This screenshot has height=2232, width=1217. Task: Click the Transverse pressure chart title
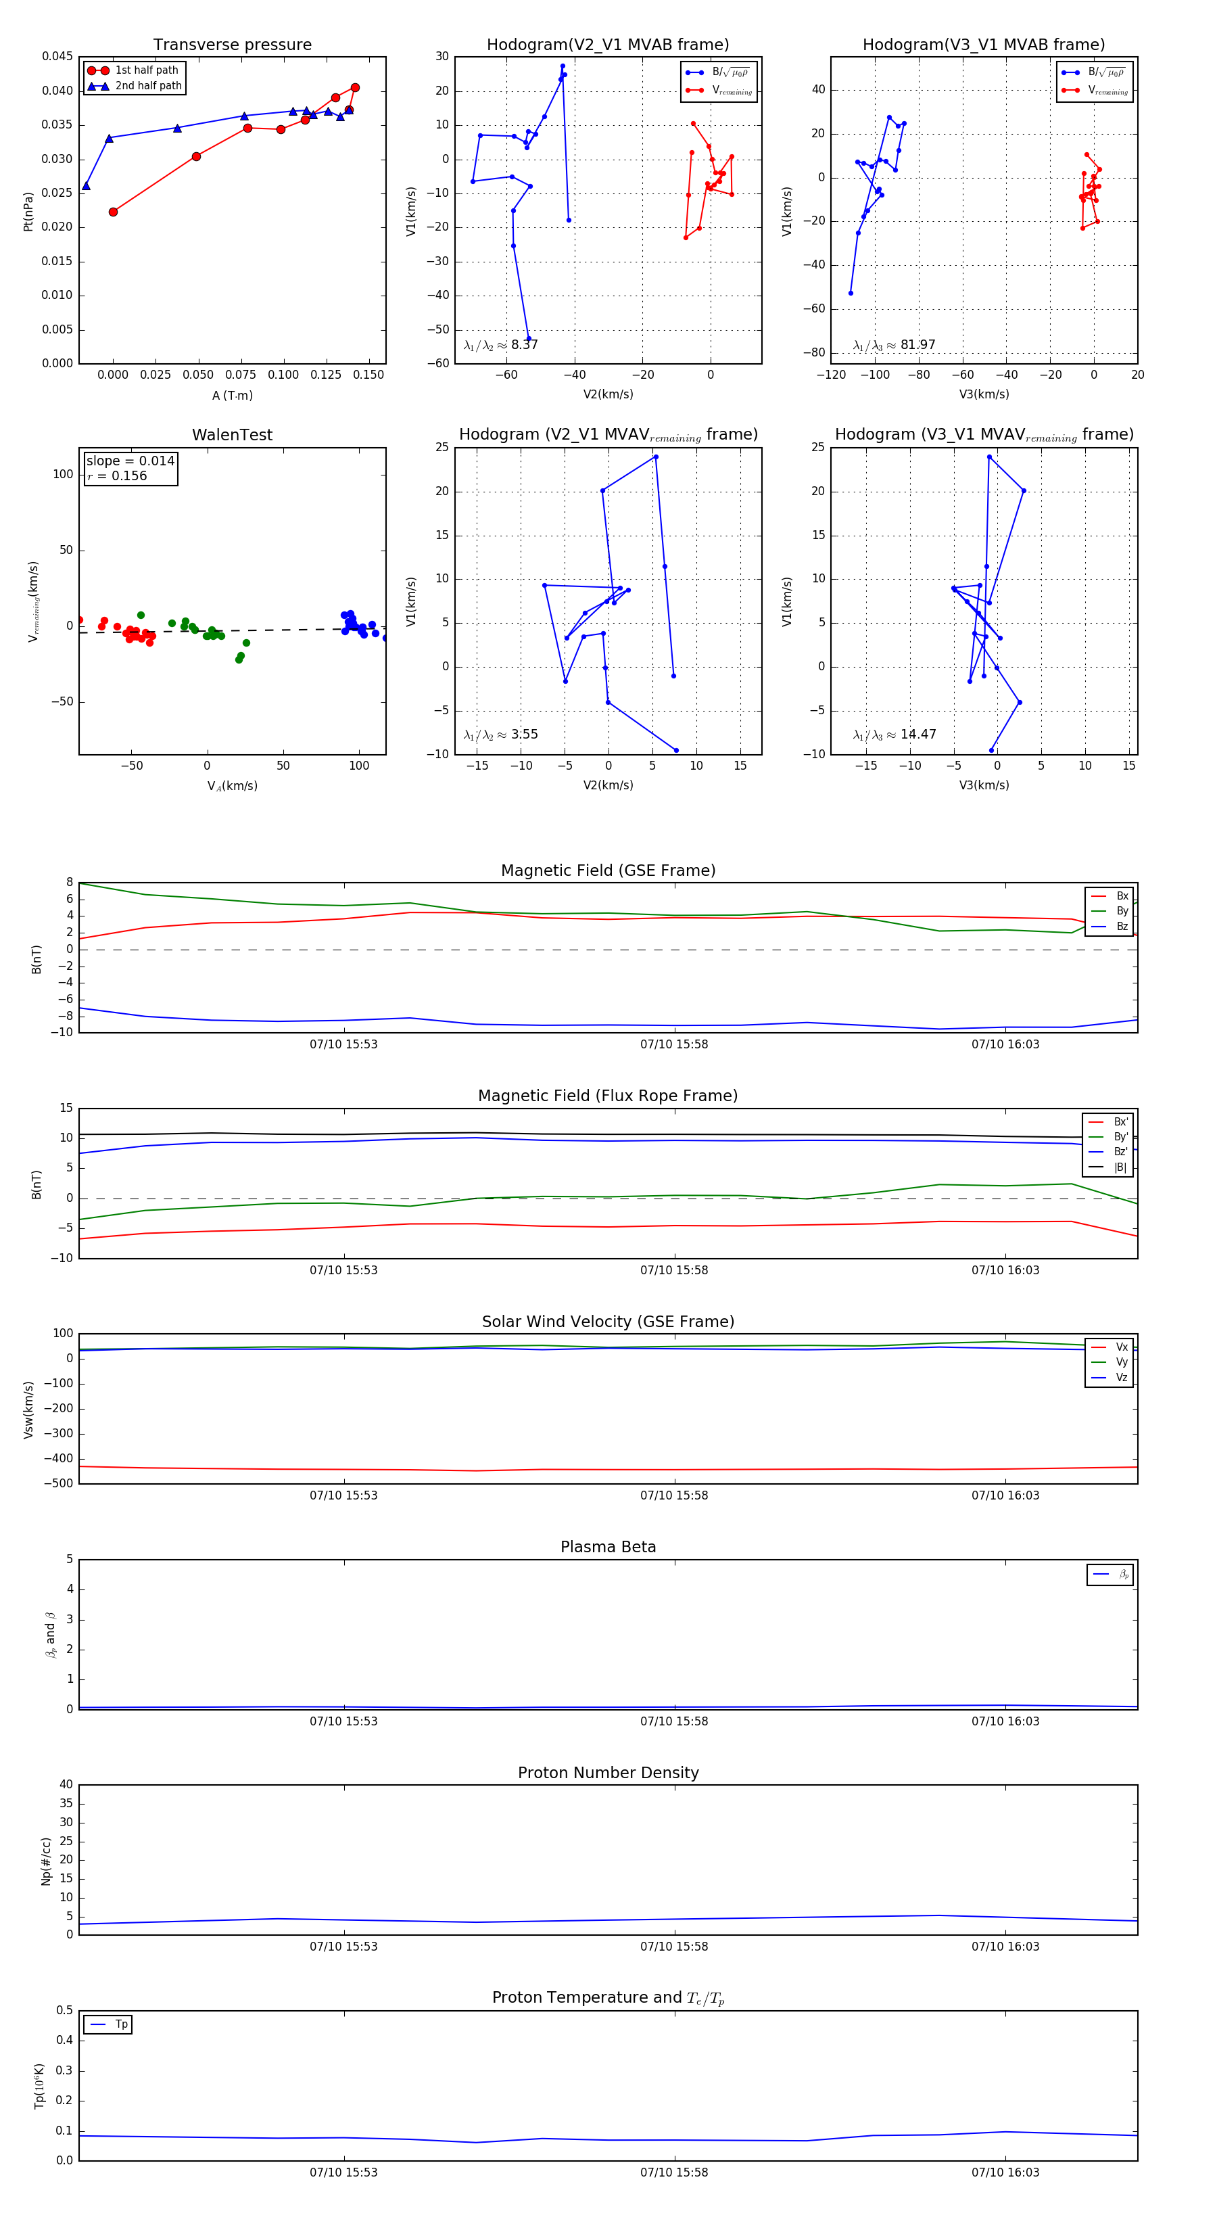coord(232,45)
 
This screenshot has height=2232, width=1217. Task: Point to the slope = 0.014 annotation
coord(130,461)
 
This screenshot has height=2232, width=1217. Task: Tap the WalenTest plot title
coord(232,435)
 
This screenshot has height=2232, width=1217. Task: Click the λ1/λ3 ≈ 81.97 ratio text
coord(894,345)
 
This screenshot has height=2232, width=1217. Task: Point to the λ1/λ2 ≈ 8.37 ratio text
coord(500,345)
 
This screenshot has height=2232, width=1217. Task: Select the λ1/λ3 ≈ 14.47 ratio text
coord(894,735)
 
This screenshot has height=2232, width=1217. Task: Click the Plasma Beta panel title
coord(608,1548)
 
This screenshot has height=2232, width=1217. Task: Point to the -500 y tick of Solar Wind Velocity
coord(59,1483)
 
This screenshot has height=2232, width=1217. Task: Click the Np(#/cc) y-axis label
coord(46,1861)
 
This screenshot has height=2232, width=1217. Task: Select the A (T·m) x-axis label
coord(232,395)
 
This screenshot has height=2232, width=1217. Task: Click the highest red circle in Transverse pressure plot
coord(355,87)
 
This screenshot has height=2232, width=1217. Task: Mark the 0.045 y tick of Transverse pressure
coord(57,56)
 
